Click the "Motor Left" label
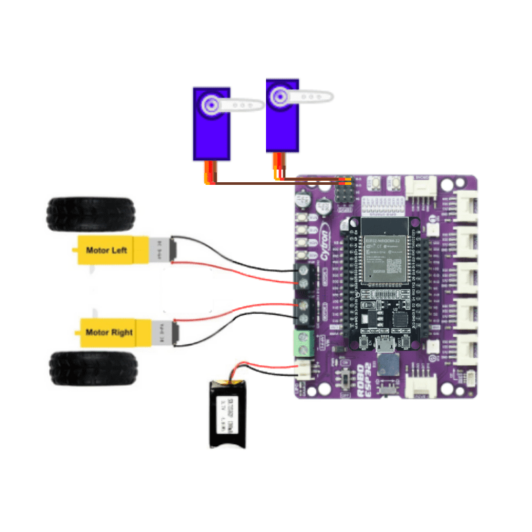(106, 251)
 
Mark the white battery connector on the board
(304, 369)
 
